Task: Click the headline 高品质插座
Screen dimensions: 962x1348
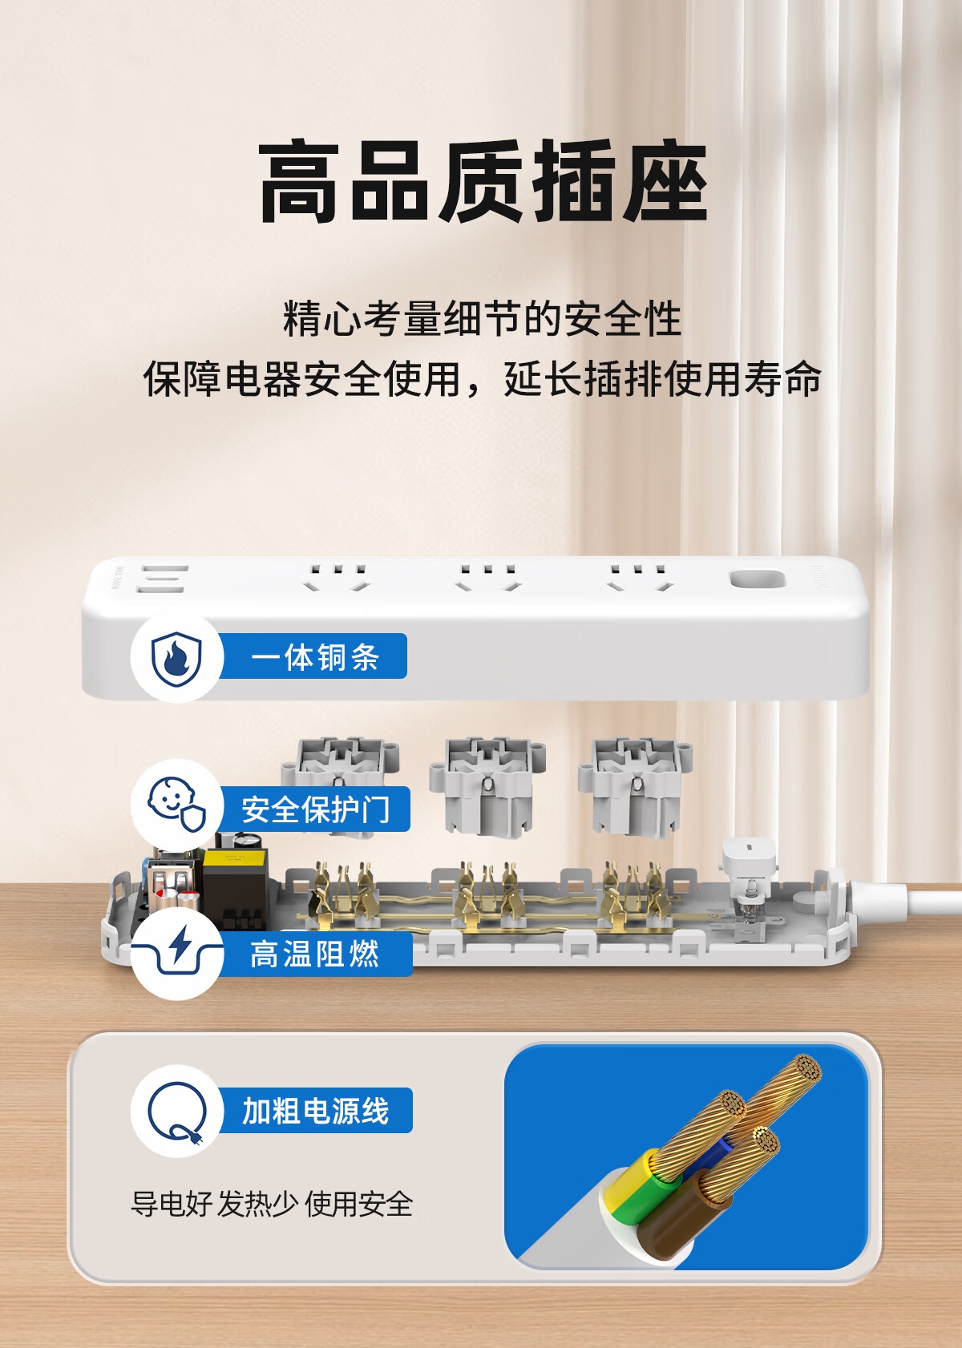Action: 483,181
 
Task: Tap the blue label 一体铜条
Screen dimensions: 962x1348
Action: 313,656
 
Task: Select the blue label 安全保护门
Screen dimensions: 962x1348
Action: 315,809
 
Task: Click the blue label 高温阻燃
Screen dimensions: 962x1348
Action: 315,954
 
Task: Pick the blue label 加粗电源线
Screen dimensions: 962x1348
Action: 315,1110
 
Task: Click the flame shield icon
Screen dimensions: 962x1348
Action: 176,658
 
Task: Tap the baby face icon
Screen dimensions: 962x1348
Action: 176,804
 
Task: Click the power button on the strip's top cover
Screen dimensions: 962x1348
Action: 758,579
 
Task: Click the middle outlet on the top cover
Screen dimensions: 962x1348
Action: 487,576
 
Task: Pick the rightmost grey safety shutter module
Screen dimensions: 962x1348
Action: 635,785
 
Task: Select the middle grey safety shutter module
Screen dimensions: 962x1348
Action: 487,785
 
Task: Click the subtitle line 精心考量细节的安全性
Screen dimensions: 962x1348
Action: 483,317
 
